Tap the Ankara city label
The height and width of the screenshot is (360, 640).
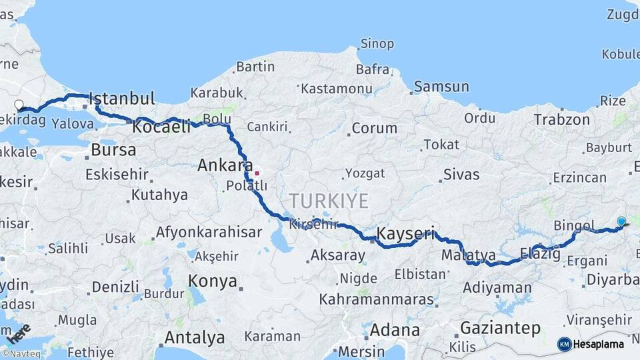click(x=225, y=165)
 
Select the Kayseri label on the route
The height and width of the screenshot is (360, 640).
click(x=405, y=233)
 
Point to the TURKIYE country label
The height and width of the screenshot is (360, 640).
click(x=329, y=201)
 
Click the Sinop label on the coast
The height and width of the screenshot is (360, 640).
click(x=377, y=44)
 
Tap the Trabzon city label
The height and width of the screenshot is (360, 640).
click(x=561, y=120)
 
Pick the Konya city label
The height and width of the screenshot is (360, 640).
click(x=213, y=281)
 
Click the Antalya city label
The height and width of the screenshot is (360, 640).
click(x=194, y=337)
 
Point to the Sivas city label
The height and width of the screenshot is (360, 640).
click(x=461, y=175)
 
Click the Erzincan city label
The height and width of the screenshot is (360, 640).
click(x=579, y=178)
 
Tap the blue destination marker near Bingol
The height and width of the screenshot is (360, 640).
click(x=621, y=221)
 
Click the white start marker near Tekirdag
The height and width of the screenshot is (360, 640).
click(x=19, y=105)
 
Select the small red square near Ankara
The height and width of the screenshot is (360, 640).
click(x=257, y=173)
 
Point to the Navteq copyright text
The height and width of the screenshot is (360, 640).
click(x=23, y=354)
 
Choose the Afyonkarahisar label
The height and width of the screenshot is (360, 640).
click(x=208, y=233)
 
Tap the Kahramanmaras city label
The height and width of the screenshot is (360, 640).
click(x=376, y=299)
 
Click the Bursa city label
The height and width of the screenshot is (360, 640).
click(x=113, y=150)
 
